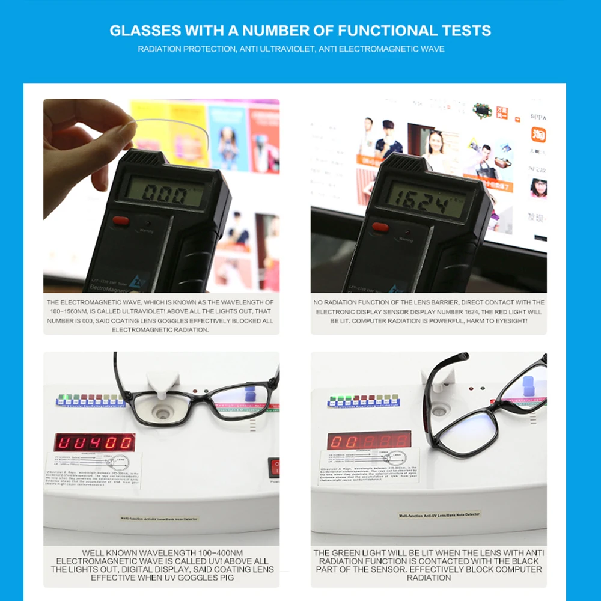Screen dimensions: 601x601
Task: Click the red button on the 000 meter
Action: pyautogui.click(x=121, y=220)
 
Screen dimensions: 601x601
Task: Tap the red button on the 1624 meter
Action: pyautogui.click(x=380, y=227)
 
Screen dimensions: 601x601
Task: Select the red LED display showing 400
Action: pyautogui.click(x=95, y=442)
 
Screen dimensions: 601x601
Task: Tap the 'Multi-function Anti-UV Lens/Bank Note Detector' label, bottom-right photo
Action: pyautogui.click(x=439, y=515)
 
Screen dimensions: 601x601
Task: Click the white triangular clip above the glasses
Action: pyautogui.click(x=163, y=380)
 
